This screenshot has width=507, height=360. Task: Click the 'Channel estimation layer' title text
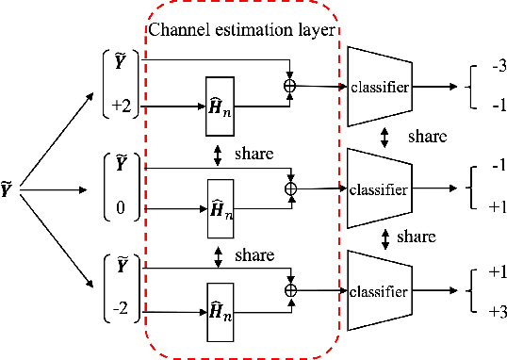pos(239,30)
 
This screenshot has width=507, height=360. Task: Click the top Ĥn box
pos(221,97)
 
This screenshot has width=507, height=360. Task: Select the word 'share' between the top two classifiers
pos(425,138)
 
